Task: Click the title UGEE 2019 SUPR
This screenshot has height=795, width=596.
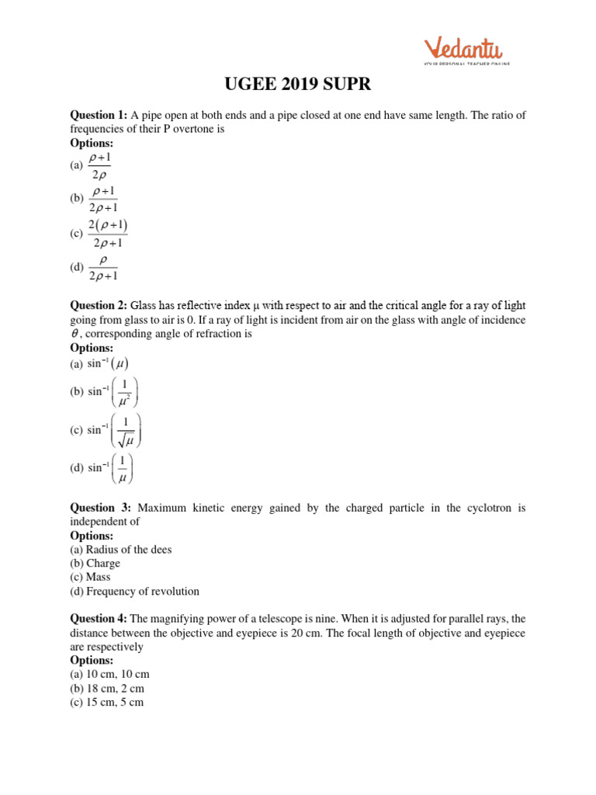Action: (298, 85)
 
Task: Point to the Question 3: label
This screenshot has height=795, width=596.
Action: (101, 508)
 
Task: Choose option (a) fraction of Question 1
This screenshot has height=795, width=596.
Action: (99, 165)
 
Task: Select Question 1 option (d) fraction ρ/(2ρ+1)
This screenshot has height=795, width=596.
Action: (103, 267)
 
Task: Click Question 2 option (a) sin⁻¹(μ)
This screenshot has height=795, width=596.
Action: (108, 363)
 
